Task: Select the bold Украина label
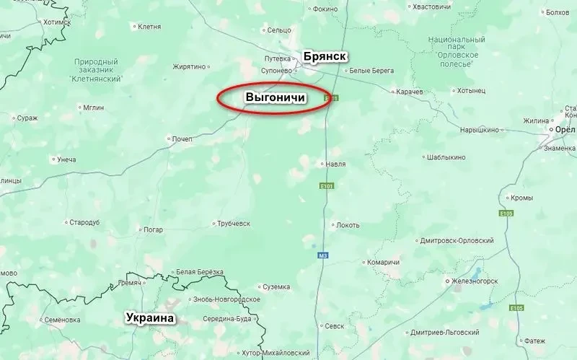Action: (151, 317)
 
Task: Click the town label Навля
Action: (335, 164)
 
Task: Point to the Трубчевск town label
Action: (237, 224)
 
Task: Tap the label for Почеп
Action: (182, 139)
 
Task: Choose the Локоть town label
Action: (348, 225)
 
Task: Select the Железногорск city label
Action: (479, 280)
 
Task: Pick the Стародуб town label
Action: (84, 222)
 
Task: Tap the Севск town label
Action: (334, 326)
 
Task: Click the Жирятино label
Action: (189, 67)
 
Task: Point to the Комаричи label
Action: (383, 262)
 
